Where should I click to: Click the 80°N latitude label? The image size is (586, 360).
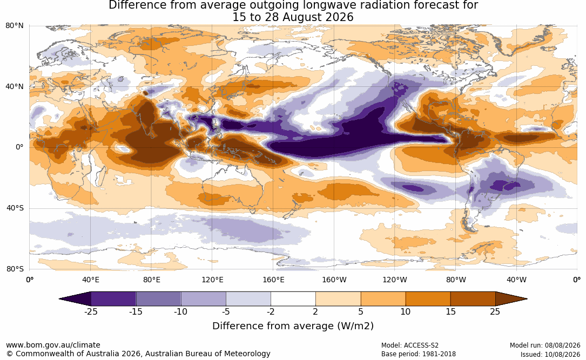pyautogui.click(x=14, y=26)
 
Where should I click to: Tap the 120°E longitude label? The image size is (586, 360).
pyautogui.click(x=212, y=280)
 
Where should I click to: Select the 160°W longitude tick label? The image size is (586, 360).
pyautogui.click(x=334, y=280)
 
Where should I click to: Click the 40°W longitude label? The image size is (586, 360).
pyautogui.click(x=516, y=280)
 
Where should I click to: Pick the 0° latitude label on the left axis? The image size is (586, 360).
pyautogui.click(x=19, y=147)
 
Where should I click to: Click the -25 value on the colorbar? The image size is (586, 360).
pyautogui.click(x=91, y=311)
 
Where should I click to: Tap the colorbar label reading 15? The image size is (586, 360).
pyautogui.click(x=450, y=311)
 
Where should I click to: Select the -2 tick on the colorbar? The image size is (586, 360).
pyautogui.click(x=271, y=311)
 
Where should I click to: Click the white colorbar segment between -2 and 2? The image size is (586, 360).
pyautogui.click(x=293, y=299)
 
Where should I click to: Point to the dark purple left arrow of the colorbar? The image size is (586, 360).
pyautogui.click(x=75, y=299)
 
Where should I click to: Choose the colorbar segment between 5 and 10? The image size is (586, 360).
pyautogui.click(x=383, y=299)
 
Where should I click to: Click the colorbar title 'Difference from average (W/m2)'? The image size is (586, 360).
pyautogui.click(x=293, y=326)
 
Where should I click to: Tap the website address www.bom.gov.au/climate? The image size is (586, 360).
pyautogui.click(x=53, y=345)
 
